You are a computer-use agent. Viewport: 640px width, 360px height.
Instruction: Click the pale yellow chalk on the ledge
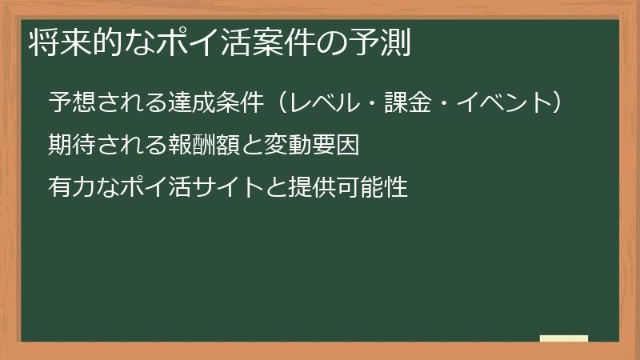563,338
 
